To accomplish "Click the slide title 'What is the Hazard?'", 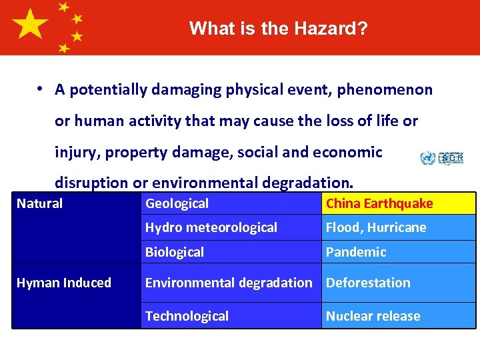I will point(278,29).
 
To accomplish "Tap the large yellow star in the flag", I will point(31,26).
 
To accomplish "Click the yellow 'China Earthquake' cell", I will point(398,203).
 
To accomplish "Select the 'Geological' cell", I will point(231,203).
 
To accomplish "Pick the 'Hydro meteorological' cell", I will point(231,227).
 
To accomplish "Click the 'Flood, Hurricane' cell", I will point(398,227).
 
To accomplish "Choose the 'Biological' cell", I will point(231,252).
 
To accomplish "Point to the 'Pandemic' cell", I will point(398,252).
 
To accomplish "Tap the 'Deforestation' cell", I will point(398,283).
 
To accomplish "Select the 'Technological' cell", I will point(231,316).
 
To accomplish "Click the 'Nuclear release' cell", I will point(398,316).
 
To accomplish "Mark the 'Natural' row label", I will point(40,203).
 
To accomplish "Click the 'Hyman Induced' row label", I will point(64,283).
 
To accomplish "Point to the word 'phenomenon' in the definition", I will point(385,90).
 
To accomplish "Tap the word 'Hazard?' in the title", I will point(338,29).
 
